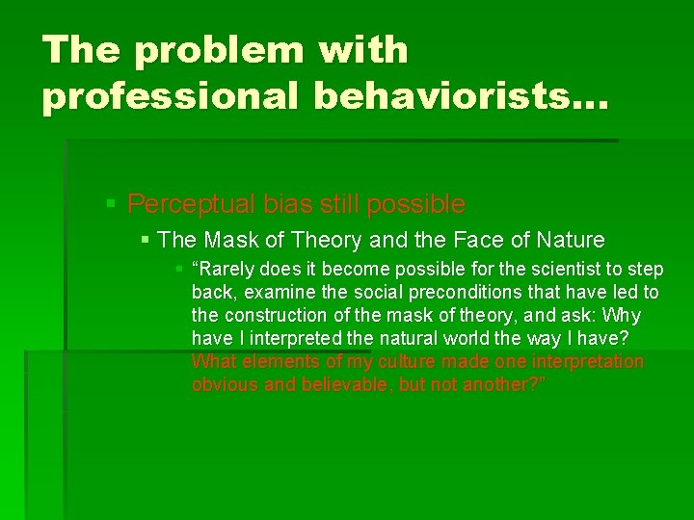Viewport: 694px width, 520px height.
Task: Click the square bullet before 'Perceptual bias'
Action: pos(112,204)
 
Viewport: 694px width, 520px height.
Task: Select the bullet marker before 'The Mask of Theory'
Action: pos(146,239)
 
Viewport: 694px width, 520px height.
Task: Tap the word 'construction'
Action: pos(269,316)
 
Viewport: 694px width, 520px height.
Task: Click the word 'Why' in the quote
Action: pos(621,316)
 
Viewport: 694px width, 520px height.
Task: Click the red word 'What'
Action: pos(212,362)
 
